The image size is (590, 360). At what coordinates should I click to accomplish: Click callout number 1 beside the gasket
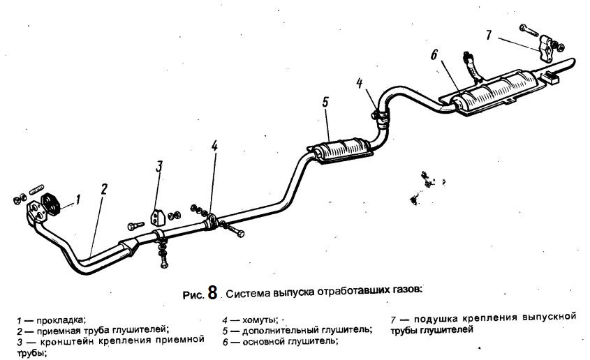tap(78, 200)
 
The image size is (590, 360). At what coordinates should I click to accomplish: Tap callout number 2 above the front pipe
tap(104, 188)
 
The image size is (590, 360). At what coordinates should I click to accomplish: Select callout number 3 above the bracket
tap(159, 166)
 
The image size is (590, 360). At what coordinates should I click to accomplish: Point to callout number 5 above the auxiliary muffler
tap(325, 102)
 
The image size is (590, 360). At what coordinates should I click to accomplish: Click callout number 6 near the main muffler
tap(434, 54)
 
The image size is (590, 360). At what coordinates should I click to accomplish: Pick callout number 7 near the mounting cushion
tap(488, 35)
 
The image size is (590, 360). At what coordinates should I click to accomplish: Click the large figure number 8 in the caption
tap(212, 293)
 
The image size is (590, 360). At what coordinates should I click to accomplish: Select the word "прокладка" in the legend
tap(61, 320)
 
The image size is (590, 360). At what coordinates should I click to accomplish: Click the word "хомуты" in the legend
tap(260, 320)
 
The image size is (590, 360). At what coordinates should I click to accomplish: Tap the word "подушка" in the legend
tap(436, 319)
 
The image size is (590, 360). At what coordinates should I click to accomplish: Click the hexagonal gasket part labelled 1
tap(51, 204)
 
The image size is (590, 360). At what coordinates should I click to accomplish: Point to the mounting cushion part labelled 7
tap(547, 48)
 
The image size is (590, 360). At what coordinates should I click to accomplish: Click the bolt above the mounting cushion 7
tap(529, 30)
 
